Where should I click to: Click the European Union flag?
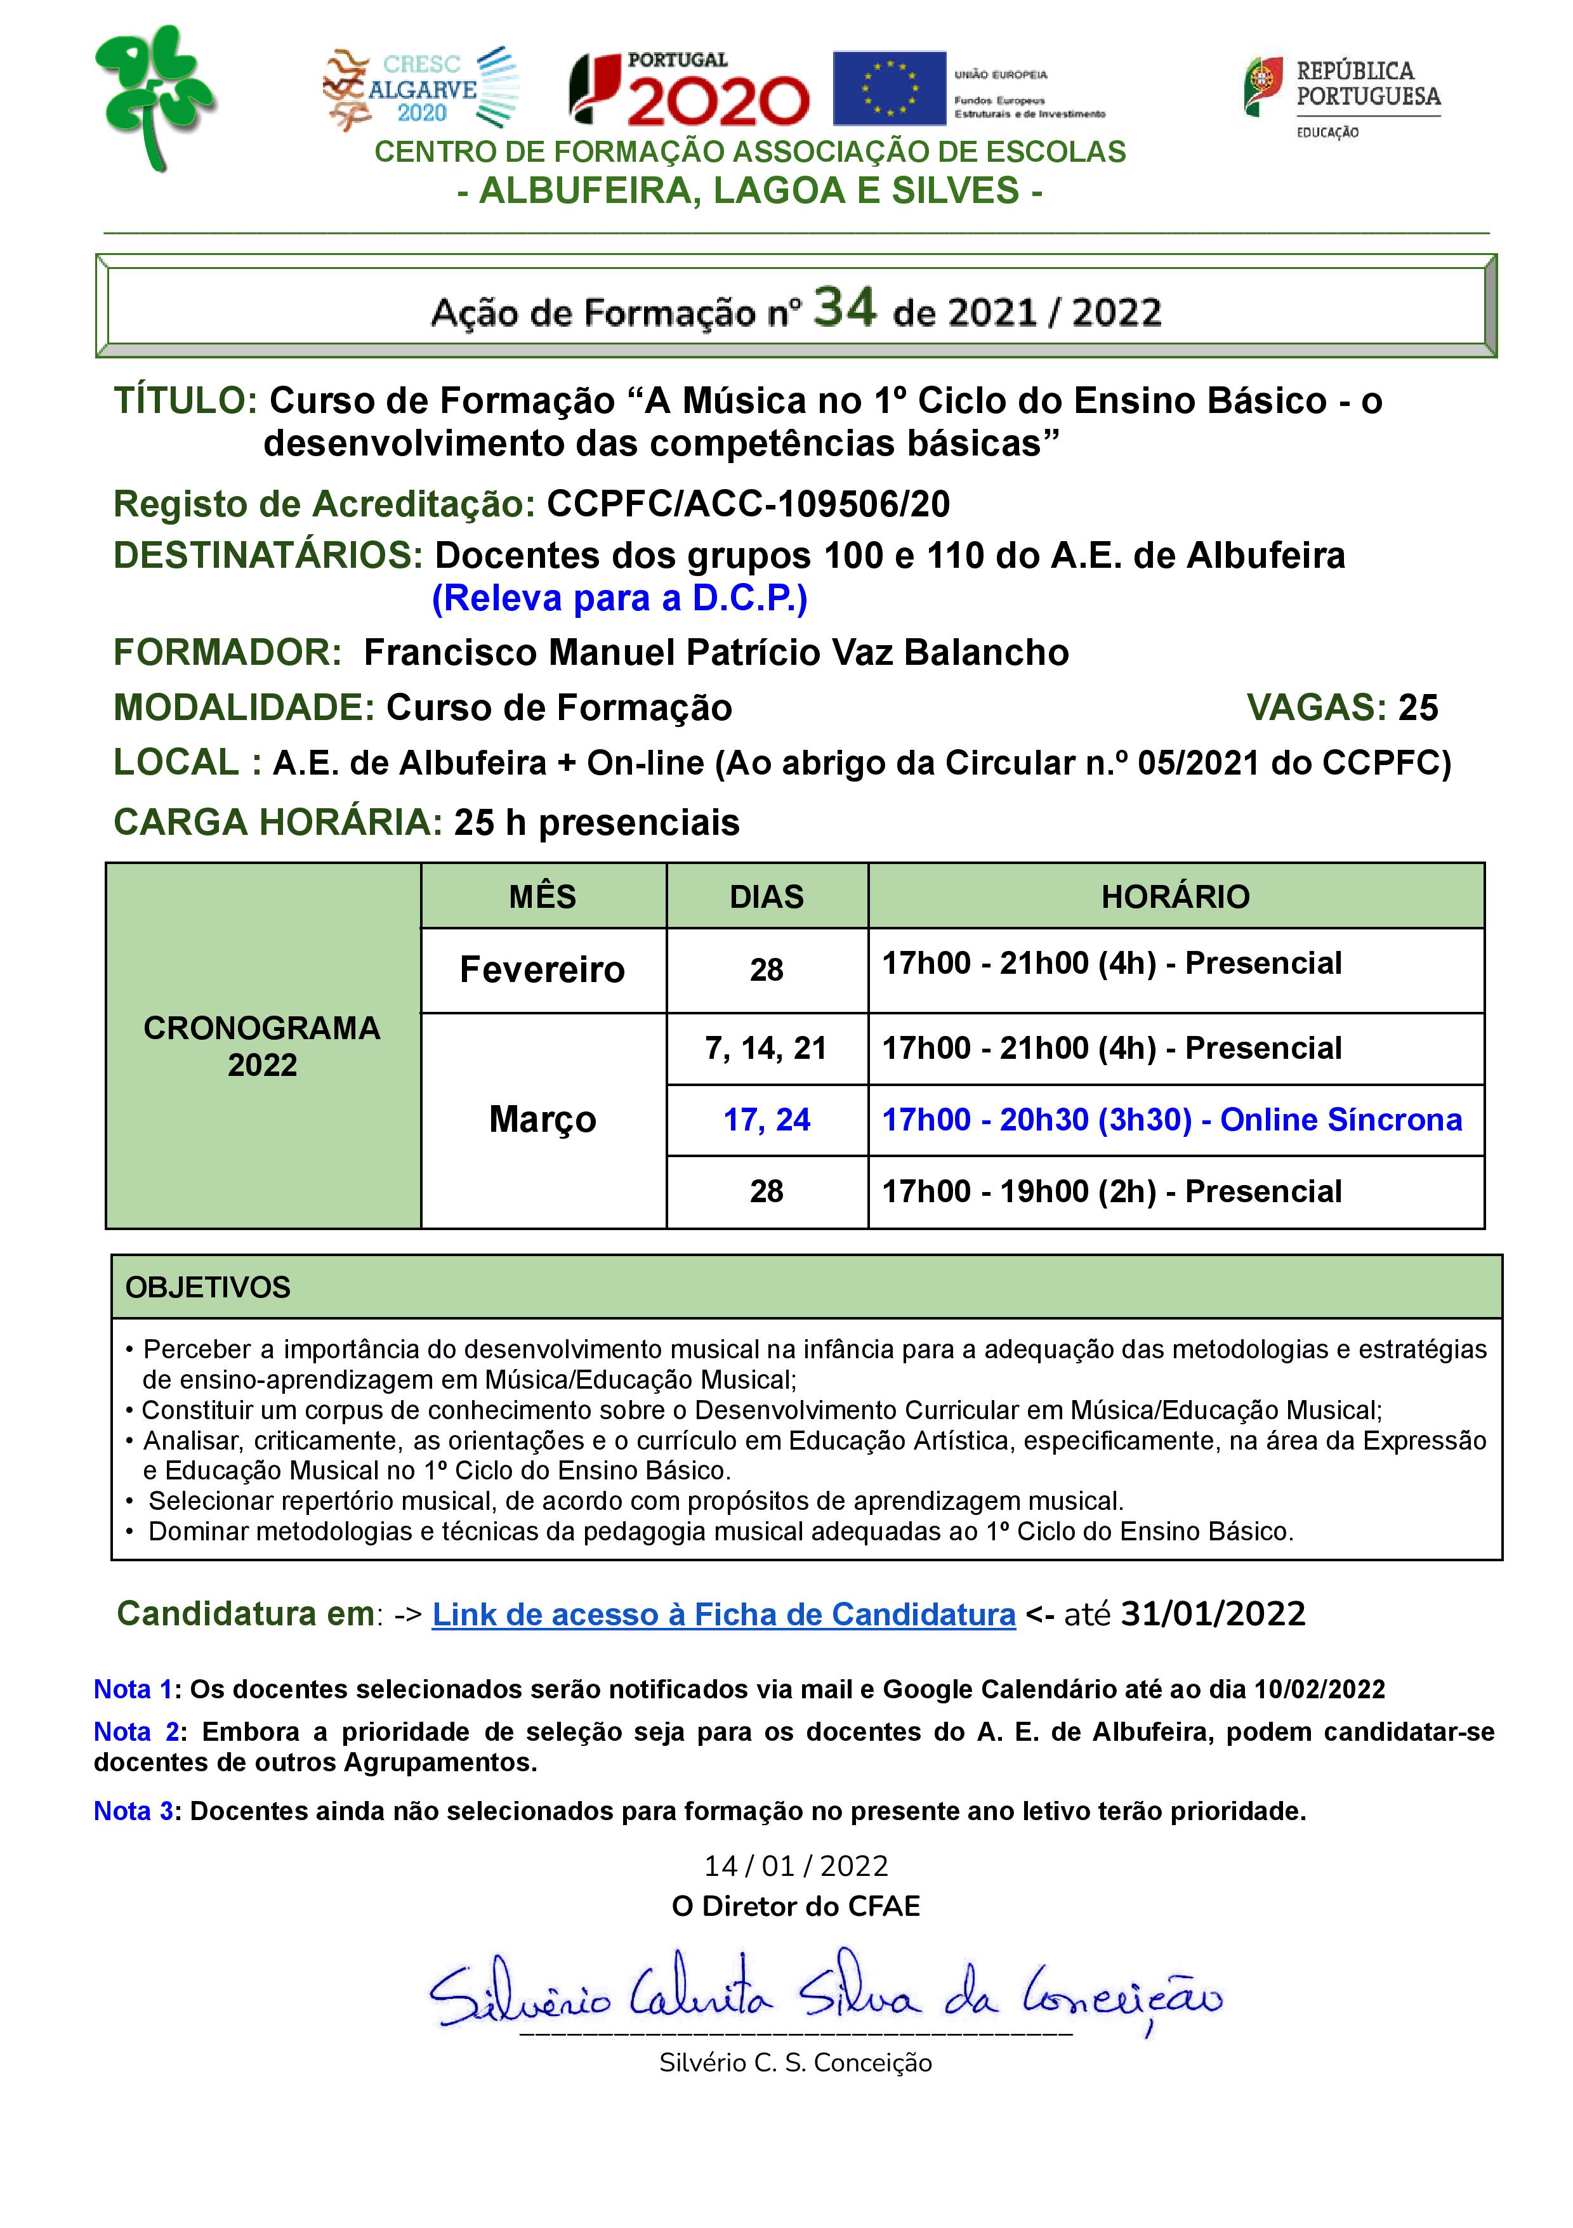click(889, 88)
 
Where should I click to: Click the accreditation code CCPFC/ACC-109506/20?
click(748, 504)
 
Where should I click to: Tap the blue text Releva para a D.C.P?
click(619, 598)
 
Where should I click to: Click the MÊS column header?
click(543, 896)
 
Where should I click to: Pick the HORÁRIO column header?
click(1175, 896)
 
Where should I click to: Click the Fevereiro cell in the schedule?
click(543, 969)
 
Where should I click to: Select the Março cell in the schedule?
click(543, 1119)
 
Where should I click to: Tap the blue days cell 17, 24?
click(767, 1120)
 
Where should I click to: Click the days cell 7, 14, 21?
click(767, 1048)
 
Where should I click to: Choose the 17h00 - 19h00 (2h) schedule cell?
click(1111, 1191)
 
